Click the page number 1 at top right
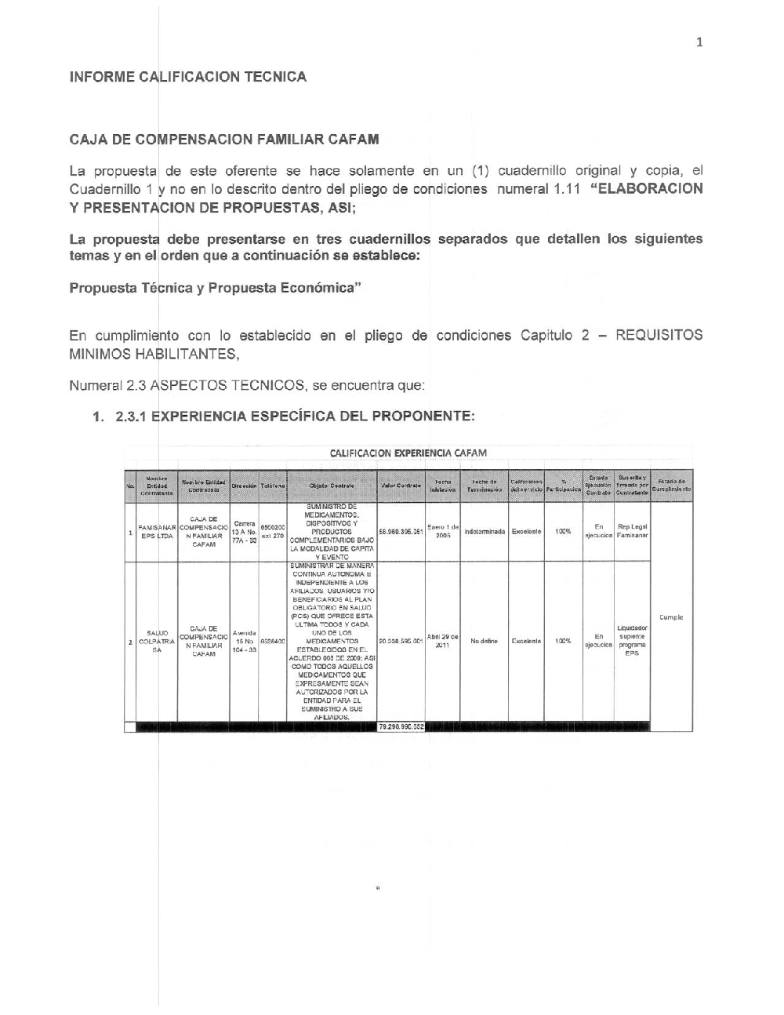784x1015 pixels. [x=699, y=42]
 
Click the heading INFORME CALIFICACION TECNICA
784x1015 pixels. [x=187, y=77]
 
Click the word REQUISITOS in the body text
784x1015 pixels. [x=659, y=336]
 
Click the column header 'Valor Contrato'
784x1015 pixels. [x=401, y=486]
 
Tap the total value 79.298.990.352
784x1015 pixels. [x=401, y=727]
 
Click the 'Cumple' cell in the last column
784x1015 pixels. [x=671, y=617]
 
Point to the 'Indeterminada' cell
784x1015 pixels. [x=484, y=532]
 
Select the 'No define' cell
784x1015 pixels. [x=484, y=641]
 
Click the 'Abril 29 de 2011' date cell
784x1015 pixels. [x=442, y=641]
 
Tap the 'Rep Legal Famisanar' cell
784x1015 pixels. [x=632, y=531]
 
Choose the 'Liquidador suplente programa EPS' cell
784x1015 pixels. [x=632, y=641]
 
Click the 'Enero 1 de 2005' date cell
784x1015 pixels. [x=442, y=531]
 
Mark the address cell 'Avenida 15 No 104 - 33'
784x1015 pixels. [x=244, y=641]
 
